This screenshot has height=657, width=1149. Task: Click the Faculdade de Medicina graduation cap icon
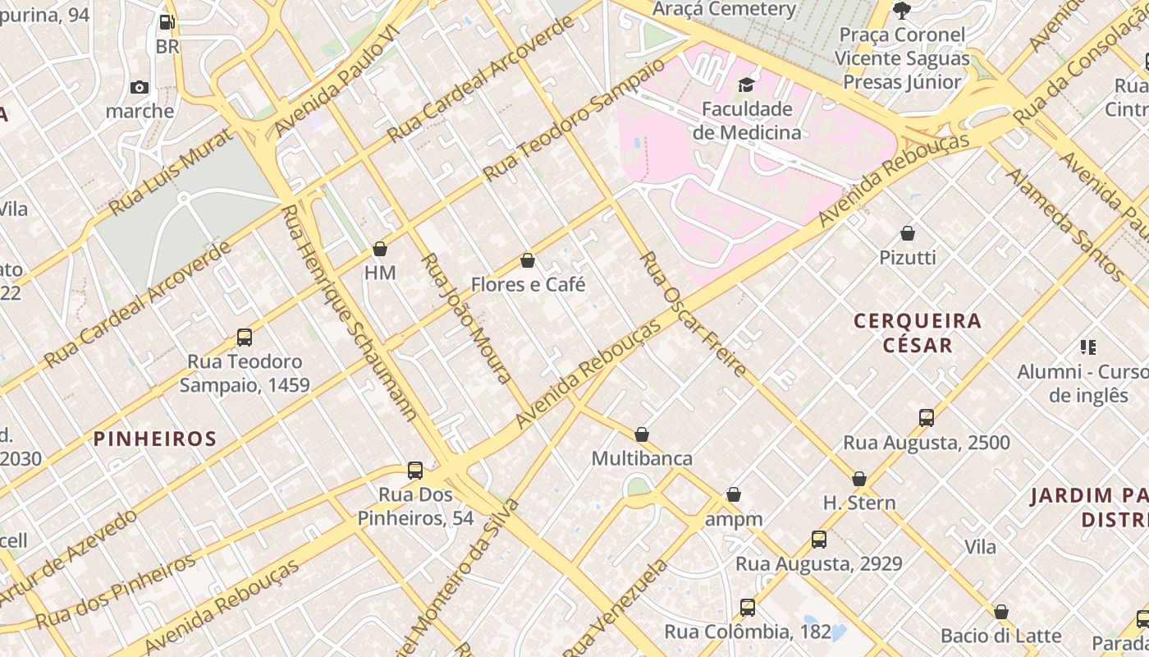point(746,85)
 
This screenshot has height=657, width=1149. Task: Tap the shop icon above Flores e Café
point(528,261)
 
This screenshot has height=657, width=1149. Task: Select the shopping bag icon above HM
point(380,249)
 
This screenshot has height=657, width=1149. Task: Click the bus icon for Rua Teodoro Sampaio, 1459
point(244,338)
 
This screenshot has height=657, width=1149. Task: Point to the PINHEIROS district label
point(155,439)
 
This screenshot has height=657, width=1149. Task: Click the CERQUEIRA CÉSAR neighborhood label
point(918,333)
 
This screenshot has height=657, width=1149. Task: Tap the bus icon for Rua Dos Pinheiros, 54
point(415,471)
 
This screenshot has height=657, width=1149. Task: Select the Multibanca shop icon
point(642,434)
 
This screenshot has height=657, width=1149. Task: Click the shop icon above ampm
point(734,495)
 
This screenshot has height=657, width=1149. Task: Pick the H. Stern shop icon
point(859,479)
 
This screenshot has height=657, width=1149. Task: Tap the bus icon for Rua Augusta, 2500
point(927,418)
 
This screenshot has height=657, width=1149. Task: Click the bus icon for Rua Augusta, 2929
point(819,540)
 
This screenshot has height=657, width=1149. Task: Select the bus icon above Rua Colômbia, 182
point(747,608)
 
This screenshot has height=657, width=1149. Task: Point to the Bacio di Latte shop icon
point(1000,612)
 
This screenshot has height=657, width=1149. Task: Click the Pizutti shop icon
point(908,233)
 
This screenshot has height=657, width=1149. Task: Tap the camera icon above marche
point(140,87)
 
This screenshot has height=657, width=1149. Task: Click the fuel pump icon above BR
point(167,22)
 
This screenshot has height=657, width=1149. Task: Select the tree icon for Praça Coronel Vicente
point(902,11)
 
